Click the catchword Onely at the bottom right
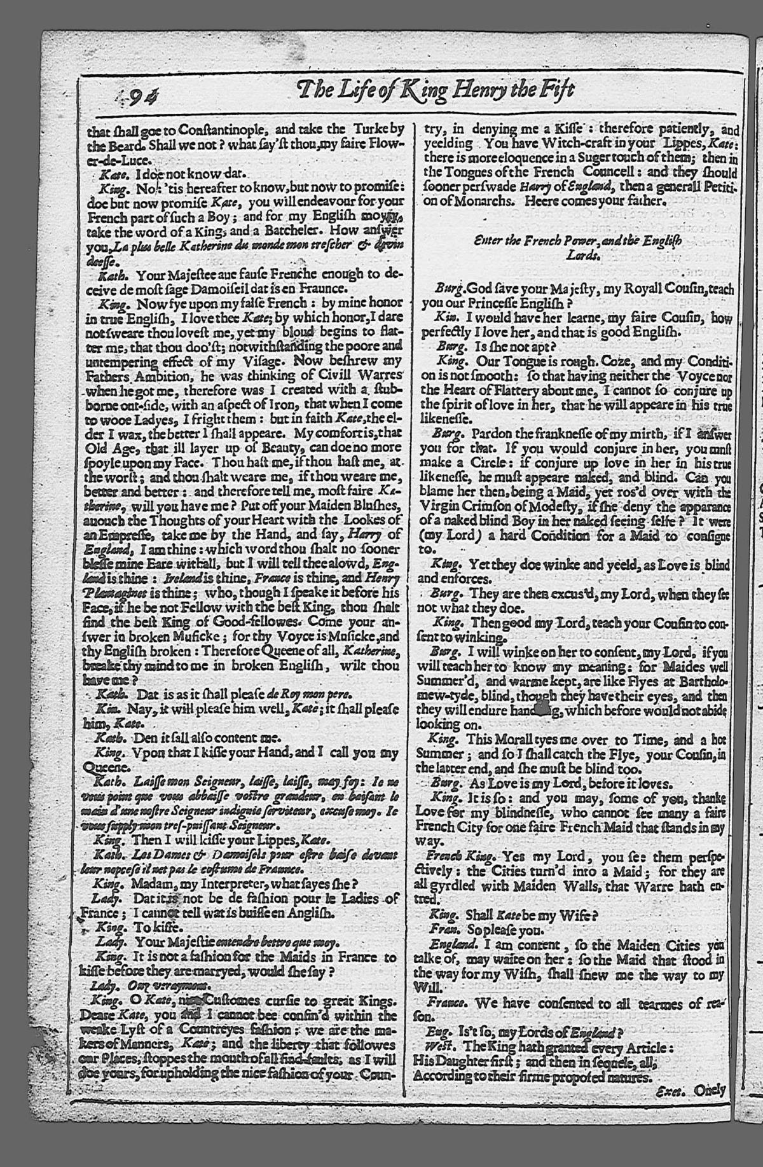[x=709, y=1090]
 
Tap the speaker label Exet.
[x=671, y=1091]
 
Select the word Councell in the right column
[x=610, y=172]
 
